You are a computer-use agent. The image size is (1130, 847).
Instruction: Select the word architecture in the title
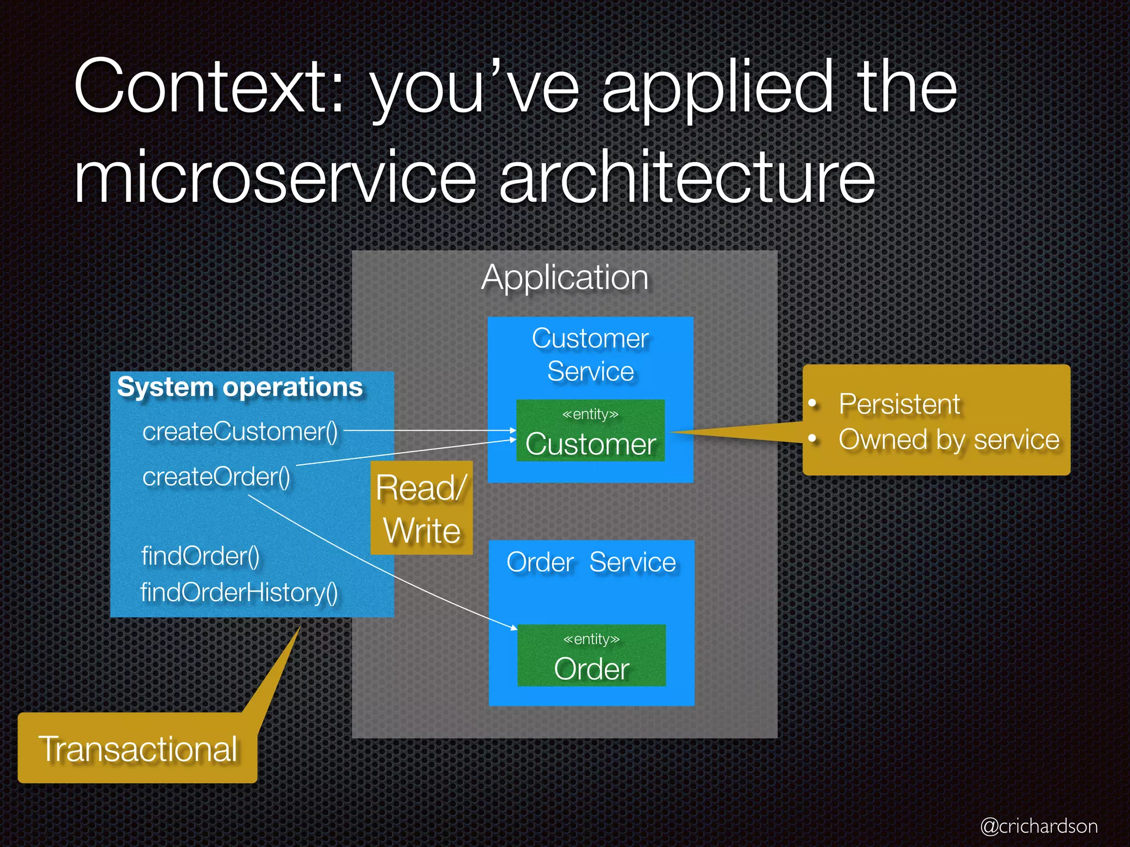coord(687,178)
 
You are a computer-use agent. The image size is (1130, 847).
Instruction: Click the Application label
coord(564,277)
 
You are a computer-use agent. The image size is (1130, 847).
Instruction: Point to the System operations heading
coord(240,387)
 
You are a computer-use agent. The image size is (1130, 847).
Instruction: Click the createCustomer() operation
coord(240,431)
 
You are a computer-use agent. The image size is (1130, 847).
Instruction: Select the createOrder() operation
coord(216,476)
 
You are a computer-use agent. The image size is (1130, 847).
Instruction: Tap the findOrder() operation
coord(200,556)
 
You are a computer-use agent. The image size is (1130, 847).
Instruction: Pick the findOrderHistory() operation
coord(239,593)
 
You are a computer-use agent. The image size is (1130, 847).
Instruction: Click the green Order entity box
coord(591,656)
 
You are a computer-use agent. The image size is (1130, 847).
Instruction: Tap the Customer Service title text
coord(590,355)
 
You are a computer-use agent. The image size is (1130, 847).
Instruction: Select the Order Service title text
coord(591,562)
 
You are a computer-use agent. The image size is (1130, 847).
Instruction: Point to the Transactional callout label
coord(138,749)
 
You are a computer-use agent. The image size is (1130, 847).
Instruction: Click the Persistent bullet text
coord(899,404)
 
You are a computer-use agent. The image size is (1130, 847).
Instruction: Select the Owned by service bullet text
coord(949,439)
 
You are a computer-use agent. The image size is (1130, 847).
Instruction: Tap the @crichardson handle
coord(1038,826)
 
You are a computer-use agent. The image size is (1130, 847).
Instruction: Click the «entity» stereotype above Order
coord(591,639)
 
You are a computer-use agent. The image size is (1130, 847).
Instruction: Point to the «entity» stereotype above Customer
coord(590,414)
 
